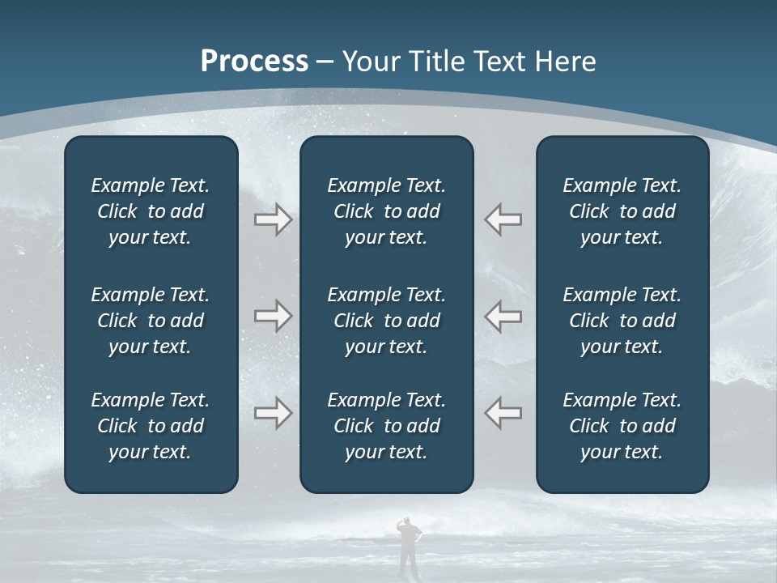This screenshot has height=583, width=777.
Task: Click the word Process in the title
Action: click(x=254, y=62)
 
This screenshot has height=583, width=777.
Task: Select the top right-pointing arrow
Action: click(x=273, y=219)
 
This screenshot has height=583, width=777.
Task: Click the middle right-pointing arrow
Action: click(x=273, y=316)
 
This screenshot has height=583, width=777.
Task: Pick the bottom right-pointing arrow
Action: click(x=273, y=413)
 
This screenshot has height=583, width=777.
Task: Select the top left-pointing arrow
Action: click(x=503, y=219)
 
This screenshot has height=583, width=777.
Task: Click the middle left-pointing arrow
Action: click(x=503, y=316)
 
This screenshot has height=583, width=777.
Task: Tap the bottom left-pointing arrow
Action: click(x=503, y=413)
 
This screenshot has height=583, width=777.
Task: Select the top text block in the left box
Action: click(x=151, y=211)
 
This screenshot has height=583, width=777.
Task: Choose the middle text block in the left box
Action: click(x=151, y=321)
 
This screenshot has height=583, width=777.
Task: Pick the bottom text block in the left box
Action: click(x=151, y=426)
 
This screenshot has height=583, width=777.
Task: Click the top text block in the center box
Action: click(x=386, y=211)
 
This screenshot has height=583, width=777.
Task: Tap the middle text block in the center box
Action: click(x=386, y=321)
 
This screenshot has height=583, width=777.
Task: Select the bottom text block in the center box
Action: click(x=386, y=426)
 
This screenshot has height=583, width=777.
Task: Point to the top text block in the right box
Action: click(x=622, y=211)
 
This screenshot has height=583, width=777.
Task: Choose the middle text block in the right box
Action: click(x=622, y=321)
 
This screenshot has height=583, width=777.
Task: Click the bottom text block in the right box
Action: click(x=622, y=426)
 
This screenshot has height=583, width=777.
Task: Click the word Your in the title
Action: click(x=369, y=62)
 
